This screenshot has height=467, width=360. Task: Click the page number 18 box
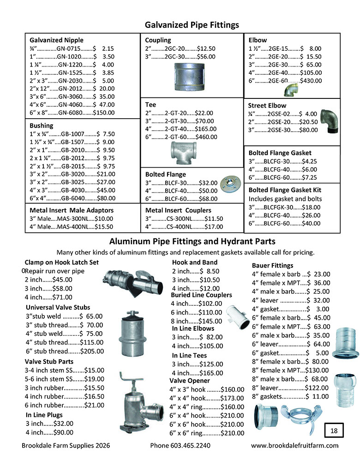335,431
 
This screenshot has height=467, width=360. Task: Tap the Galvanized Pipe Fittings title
192,24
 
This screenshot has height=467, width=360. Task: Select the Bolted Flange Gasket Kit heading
291,190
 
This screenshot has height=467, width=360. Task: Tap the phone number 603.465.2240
180,446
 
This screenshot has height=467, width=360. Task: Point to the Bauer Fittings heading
272,265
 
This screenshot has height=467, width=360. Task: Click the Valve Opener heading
190,381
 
